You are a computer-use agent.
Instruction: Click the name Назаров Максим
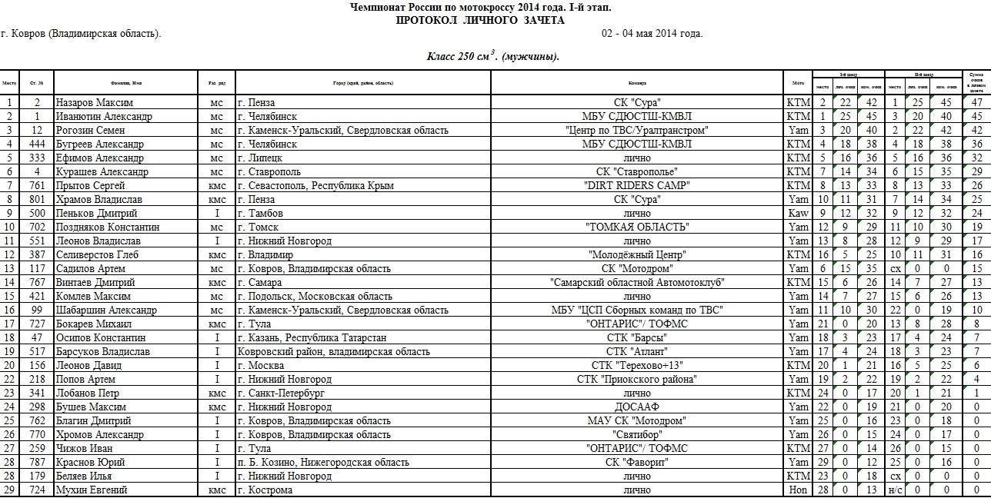click(x=95, y=102)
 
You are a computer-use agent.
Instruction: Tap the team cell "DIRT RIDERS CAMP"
click(x=637, y=185)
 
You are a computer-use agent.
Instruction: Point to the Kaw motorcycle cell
click(x=798, y=213)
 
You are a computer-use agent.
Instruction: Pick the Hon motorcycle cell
click(x=798, y=490)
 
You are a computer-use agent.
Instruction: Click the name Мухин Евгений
click(x=92, y=490)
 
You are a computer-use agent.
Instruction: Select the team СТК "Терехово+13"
click(x=637, y=365)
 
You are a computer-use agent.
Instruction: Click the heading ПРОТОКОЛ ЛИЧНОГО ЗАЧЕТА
click(x=480, y=20)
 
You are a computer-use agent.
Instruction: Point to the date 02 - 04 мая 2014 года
click(x=652, y=34)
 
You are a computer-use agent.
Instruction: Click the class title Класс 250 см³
click(x=492, y=56)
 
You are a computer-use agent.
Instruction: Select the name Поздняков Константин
click(x=108, y=227)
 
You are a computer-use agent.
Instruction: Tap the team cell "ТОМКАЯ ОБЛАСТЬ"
click(x=637, y=227)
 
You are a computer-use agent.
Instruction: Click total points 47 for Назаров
click(x=976, y=102)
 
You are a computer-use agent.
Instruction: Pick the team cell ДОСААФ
click(x=637, y=407)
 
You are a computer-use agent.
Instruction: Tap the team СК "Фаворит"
click(x=637, y=462)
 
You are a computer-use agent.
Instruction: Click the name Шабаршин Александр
click(x=106, y=310)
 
